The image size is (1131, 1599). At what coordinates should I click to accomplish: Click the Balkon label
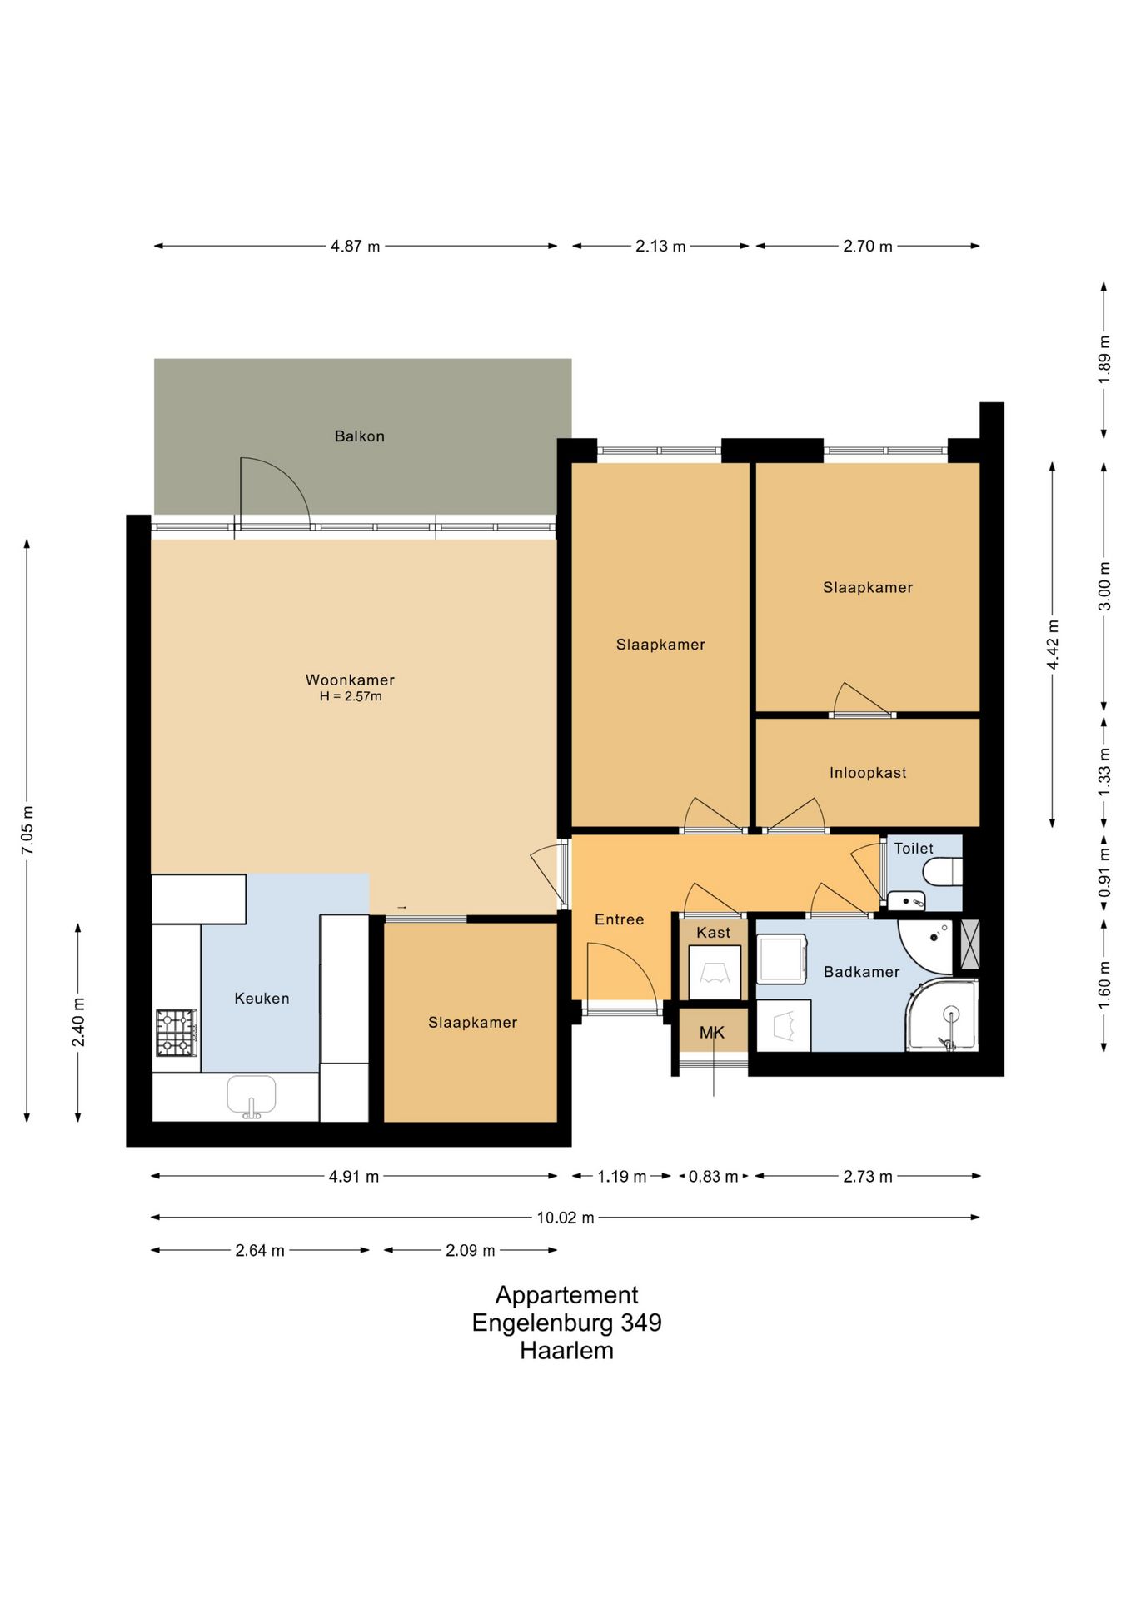tap(359, 436)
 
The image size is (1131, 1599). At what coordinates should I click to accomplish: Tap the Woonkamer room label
tap(350, 680)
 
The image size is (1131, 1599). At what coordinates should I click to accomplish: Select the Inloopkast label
tap(868, 773)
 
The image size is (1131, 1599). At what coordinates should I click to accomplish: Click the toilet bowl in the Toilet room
tap(942, 872)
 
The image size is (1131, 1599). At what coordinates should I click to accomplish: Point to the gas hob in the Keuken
tap(177, 1033)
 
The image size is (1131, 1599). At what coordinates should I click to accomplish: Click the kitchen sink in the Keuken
tap(252, 1096)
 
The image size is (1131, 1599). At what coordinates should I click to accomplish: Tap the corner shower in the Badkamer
tap(942, 1015)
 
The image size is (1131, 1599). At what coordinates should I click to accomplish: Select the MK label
tap(712, 1033)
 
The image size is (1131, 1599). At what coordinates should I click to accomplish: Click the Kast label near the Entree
tap(713, 933)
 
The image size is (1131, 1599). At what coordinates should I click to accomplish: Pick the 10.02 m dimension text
tap(565, 1218)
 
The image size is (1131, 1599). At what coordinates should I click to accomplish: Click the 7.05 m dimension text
tap(28, 829)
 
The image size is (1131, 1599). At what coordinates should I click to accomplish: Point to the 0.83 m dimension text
tap(713, 1177)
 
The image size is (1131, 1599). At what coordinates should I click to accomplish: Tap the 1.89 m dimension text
tap(1104, 359)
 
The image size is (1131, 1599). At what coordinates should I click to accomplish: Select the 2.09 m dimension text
tap(471, 1250)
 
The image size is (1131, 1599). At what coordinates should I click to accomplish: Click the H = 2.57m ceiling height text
tap(351, 696)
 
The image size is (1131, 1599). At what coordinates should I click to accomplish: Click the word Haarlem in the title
tap(566, 1350)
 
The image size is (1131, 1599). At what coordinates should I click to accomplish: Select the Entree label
tap(619, 919)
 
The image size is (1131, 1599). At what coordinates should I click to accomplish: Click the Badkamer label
tap(861, 972)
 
